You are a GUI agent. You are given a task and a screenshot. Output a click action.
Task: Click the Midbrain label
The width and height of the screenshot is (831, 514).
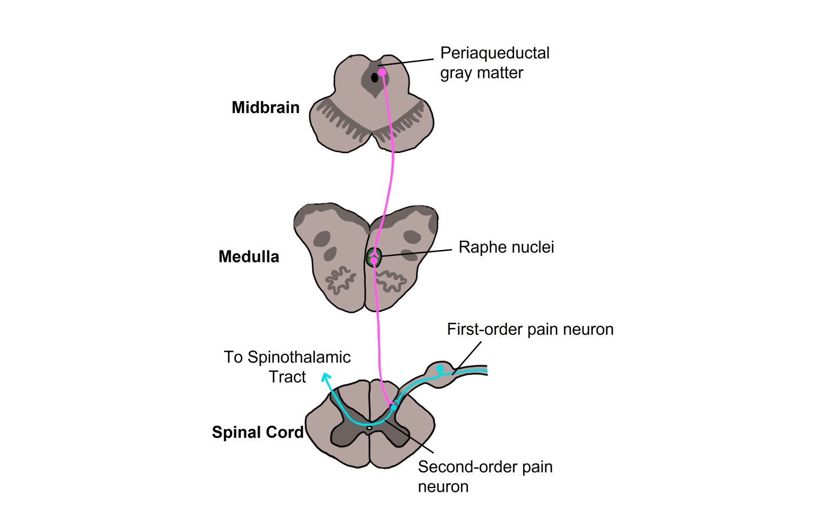[265, 107]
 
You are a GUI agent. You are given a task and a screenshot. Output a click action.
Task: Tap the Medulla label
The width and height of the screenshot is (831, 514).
[249, 256]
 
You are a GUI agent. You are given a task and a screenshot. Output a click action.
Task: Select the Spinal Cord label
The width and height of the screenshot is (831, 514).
[258, 432]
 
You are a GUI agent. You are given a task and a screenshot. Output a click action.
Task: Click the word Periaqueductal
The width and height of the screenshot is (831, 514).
[494, 53]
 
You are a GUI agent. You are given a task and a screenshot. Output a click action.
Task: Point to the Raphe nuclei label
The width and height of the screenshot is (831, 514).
[506, 247]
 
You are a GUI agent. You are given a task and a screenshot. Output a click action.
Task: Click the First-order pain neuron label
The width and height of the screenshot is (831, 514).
[530, 330]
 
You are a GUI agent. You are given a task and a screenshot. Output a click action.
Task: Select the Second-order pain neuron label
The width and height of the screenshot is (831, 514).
[485, 476]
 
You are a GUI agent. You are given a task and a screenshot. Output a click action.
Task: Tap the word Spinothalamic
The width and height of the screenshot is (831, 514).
[299, 357]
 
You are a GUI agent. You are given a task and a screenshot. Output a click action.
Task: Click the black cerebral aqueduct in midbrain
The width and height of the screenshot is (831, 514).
[374, 78]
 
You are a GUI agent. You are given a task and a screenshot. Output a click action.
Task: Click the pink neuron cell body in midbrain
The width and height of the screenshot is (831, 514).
[381, 72]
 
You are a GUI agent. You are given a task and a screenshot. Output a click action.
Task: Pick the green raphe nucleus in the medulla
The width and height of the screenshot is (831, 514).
[373, 256]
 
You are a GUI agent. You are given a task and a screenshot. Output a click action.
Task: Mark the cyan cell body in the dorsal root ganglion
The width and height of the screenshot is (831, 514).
[440, 368]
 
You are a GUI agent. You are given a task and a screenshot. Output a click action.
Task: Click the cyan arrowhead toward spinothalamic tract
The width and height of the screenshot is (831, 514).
[326, 377]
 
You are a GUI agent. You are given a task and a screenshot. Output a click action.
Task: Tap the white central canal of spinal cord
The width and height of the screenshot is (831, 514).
[370, 427]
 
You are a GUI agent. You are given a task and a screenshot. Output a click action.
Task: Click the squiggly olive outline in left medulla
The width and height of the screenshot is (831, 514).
[339, 280]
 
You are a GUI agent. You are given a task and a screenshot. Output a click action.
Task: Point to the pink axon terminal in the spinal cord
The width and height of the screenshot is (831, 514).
[391, 403]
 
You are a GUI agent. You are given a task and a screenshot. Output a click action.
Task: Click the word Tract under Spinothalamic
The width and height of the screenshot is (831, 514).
[287, 377]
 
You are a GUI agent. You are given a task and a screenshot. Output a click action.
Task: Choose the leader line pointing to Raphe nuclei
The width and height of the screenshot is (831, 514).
[417, 253]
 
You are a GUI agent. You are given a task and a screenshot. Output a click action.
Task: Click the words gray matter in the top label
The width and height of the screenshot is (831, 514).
[482, 73]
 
